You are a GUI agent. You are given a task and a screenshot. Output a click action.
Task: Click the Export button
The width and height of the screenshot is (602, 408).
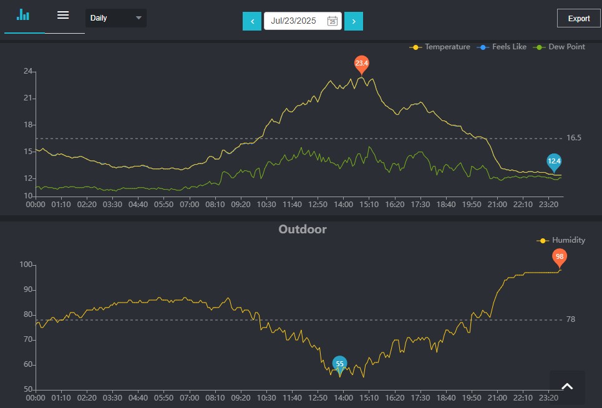point(578,18)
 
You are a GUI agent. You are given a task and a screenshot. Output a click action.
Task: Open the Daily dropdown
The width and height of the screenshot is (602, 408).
point(116,18)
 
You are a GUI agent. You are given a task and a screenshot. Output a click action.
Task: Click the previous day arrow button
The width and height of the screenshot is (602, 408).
point(252,21)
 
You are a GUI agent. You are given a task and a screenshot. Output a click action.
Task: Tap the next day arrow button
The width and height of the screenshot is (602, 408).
point(354,21)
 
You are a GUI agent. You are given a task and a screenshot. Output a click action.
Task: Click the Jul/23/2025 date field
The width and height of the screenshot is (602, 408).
point(303,21)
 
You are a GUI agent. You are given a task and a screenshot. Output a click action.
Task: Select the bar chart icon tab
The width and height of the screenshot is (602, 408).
point(24,16)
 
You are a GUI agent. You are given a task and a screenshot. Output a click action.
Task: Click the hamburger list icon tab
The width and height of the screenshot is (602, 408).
point(63,16)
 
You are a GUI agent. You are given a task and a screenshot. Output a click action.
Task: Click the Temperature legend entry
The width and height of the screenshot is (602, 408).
point(440,47)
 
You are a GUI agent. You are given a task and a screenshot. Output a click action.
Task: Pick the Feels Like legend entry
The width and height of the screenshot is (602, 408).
point(502,47)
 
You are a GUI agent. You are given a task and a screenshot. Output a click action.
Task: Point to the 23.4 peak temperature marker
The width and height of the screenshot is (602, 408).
point(362,64)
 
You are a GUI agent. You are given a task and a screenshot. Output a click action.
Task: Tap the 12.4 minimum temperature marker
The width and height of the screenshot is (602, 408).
point(554,162)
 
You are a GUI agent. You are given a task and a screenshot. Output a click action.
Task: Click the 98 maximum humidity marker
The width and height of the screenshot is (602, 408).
point(560,257)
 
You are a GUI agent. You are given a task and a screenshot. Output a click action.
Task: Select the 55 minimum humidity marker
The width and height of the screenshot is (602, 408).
point(339,364)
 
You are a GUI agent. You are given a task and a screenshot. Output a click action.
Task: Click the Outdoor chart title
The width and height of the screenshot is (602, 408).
point(303,229)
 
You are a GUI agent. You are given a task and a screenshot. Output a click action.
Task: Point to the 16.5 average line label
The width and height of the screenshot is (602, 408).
point(574,138)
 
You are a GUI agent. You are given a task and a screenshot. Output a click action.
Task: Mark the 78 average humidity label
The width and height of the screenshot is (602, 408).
point(571,319)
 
